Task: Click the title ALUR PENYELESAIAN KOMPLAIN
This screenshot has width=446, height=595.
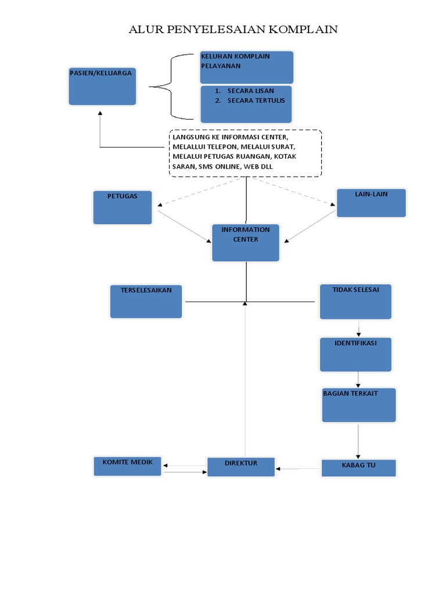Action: click(233, 30)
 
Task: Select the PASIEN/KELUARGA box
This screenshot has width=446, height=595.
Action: click(102, 86)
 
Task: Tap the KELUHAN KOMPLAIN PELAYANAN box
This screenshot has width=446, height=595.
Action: click(247, 67)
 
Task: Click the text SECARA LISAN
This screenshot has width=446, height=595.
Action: click(250, 91)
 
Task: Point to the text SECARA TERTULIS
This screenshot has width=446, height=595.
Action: click(256, 101)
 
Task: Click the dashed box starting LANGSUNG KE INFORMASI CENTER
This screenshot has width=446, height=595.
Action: click(245, 153)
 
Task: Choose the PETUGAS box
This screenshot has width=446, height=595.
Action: click(123, 207)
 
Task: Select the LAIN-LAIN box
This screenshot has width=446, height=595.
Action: click(371, 203)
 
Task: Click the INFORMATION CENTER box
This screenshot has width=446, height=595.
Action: click(246, 242)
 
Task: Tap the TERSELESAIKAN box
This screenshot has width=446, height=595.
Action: click(146, 301)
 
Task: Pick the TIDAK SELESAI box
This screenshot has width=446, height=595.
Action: click(355, 301)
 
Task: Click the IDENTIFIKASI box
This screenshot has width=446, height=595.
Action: click(355, 354)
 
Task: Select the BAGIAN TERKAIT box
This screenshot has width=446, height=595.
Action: click(359, 405)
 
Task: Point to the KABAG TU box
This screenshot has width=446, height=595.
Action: click(358, 468)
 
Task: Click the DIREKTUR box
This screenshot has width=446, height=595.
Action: click(241, 467)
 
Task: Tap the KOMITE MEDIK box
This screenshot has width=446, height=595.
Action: click(128, 466)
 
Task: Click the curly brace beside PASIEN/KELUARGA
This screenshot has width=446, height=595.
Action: click(170, 87)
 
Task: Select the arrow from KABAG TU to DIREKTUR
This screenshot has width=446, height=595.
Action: click(298, 468)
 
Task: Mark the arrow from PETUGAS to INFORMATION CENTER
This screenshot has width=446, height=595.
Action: click(184, 226)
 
